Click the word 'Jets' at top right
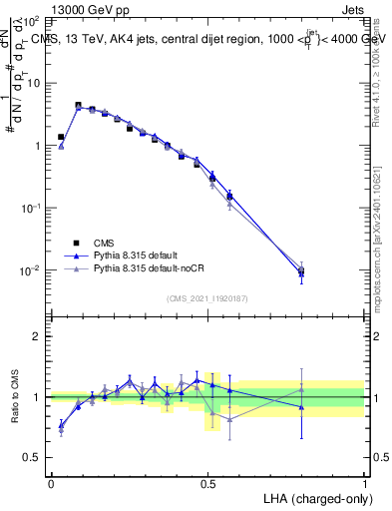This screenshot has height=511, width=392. pyautogui.click(x=351, y=8)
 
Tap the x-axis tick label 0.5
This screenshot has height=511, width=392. pyautogui.click(x=207, y=482)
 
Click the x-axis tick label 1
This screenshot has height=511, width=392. pyautogui.click(x=365, y=482)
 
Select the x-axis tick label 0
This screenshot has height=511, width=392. pyautogui.click(x=51, y=482)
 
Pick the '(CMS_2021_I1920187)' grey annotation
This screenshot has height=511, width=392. pyautogui.click(x=207, y=297)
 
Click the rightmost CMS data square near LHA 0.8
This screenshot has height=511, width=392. pyautogui.click(x=301, y=269)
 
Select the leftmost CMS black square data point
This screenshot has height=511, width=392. pyautogui.click(x=61, y=137)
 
